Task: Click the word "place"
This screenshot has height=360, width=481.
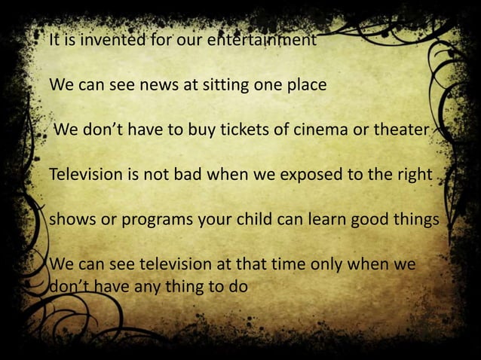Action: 306,84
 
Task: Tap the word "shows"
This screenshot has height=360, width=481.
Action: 71,221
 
